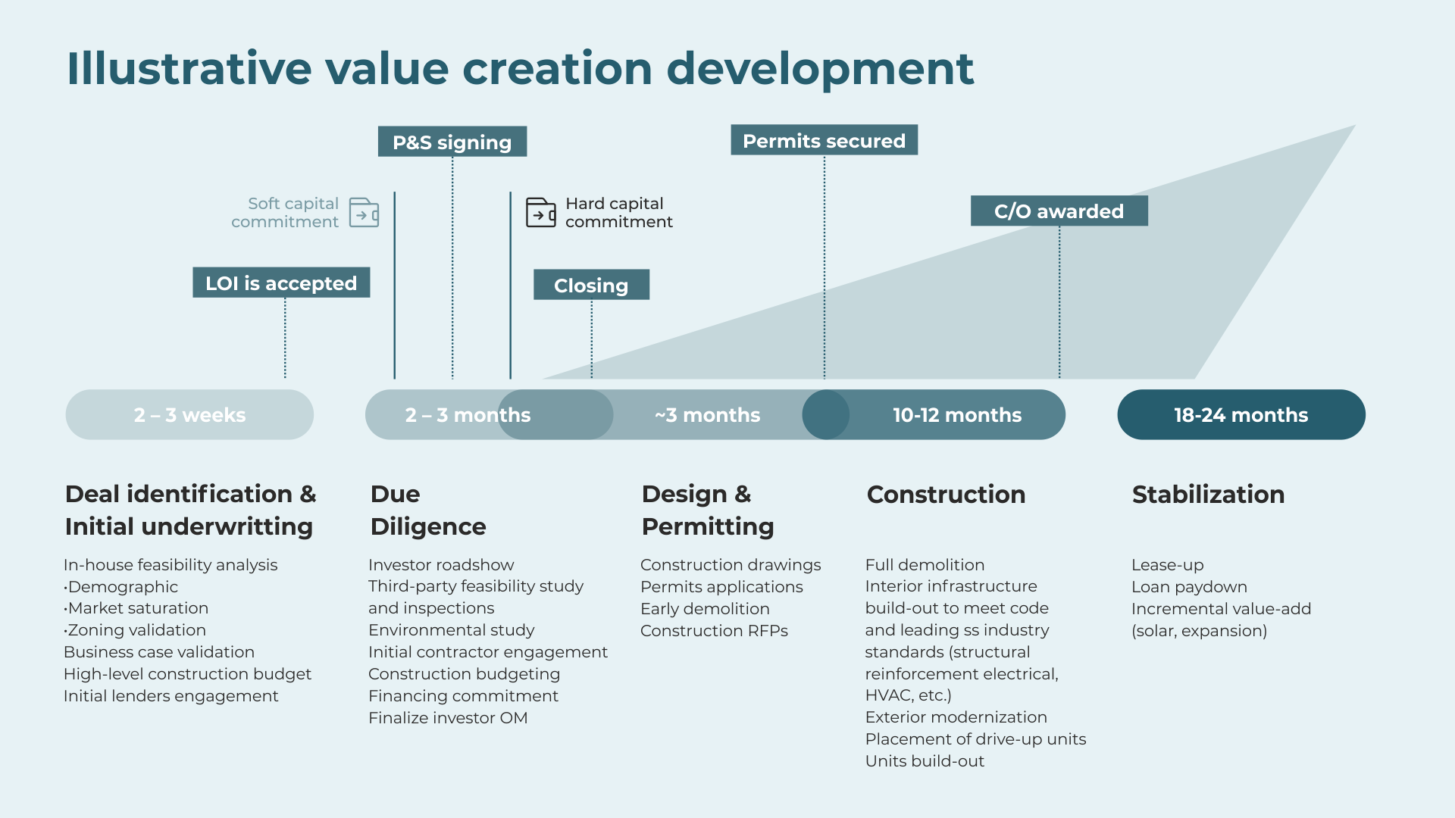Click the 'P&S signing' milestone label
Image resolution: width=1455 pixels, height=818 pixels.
[x=452, y=142]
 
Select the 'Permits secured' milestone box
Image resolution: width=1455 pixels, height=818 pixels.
[x=824, y=140]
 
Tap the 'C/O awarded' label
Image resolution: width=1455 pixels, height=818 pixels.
[x=1059, y=211]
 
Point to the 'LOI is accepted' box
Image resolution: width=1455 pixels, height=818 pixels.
[x=281, y=283]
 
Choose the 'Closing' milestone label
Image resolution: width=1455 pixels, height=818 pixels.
[x=591, y=285]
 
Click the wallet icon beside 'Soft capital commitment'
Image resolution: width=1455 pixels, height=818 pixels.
[x=364, y=213]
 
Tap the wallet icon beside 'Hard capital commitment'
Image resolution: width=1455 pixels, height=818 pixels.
[x=541, y=213]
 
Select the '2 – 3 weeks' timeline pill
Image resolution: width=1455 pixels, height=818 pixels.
[x=189, y=414]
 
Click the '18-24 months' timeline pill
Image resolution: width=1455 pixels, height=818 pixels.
[x=1241, y=414]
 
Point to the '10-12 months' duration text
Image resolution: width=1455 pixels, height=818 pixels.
[x=957, y=415]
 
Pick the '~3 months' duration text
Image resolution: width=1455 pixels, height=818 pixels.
[x=707, y=415]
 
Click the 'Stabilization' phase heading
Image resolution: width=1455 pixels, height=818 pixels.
[x=1208, y=494]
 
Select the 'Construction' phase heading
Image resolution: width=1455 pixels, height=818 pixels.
[x=946, y=494]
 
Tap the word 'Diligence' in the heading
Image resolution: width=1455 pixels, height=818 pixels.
[x=428, y=526]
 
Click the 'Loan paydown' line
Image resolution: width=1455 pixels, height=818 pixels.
[x=1189, y=587]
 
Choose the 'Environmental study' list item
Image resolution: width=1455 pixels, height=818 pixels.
[x=451, y=630]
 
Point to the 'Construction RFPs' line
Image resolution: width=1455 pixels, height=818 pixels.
[x=714, y=631]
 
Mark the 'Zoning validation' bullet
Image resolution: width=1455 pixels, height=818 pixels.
[x=135, y=630]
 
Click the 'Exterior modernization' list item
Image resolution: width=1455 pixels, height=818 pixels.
[x=956, y=717]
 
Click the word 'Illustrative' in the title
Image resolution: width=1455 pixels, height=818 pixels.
[x=189, y=68]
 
